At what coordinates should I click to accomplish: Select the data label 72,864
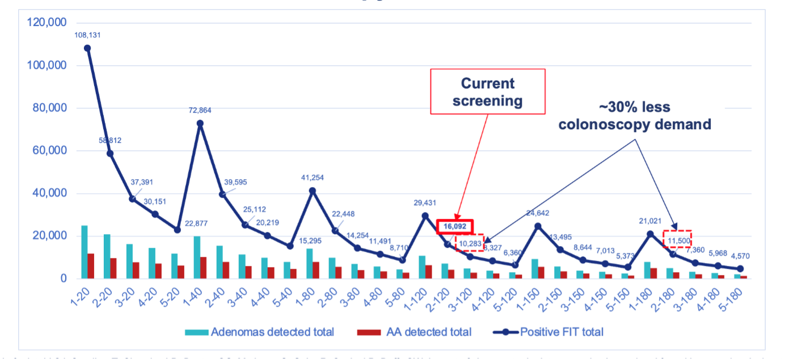coord(200,110)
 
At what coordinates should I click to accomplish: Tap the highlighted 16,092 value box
coord(454,226)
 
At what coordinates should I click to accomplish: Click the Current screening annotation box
coord(488,91)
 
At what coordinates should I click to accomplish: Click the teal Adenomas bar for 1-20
coord(85,252)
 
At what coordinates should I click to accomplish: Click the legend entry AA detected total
coord(413,332)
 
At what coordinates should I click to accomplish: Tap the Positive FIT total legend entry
coord(550,332)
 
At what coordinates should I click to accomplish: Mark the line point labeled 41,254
coord(312,190)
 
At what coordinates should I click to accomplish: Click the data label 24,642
coord(537,213)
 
